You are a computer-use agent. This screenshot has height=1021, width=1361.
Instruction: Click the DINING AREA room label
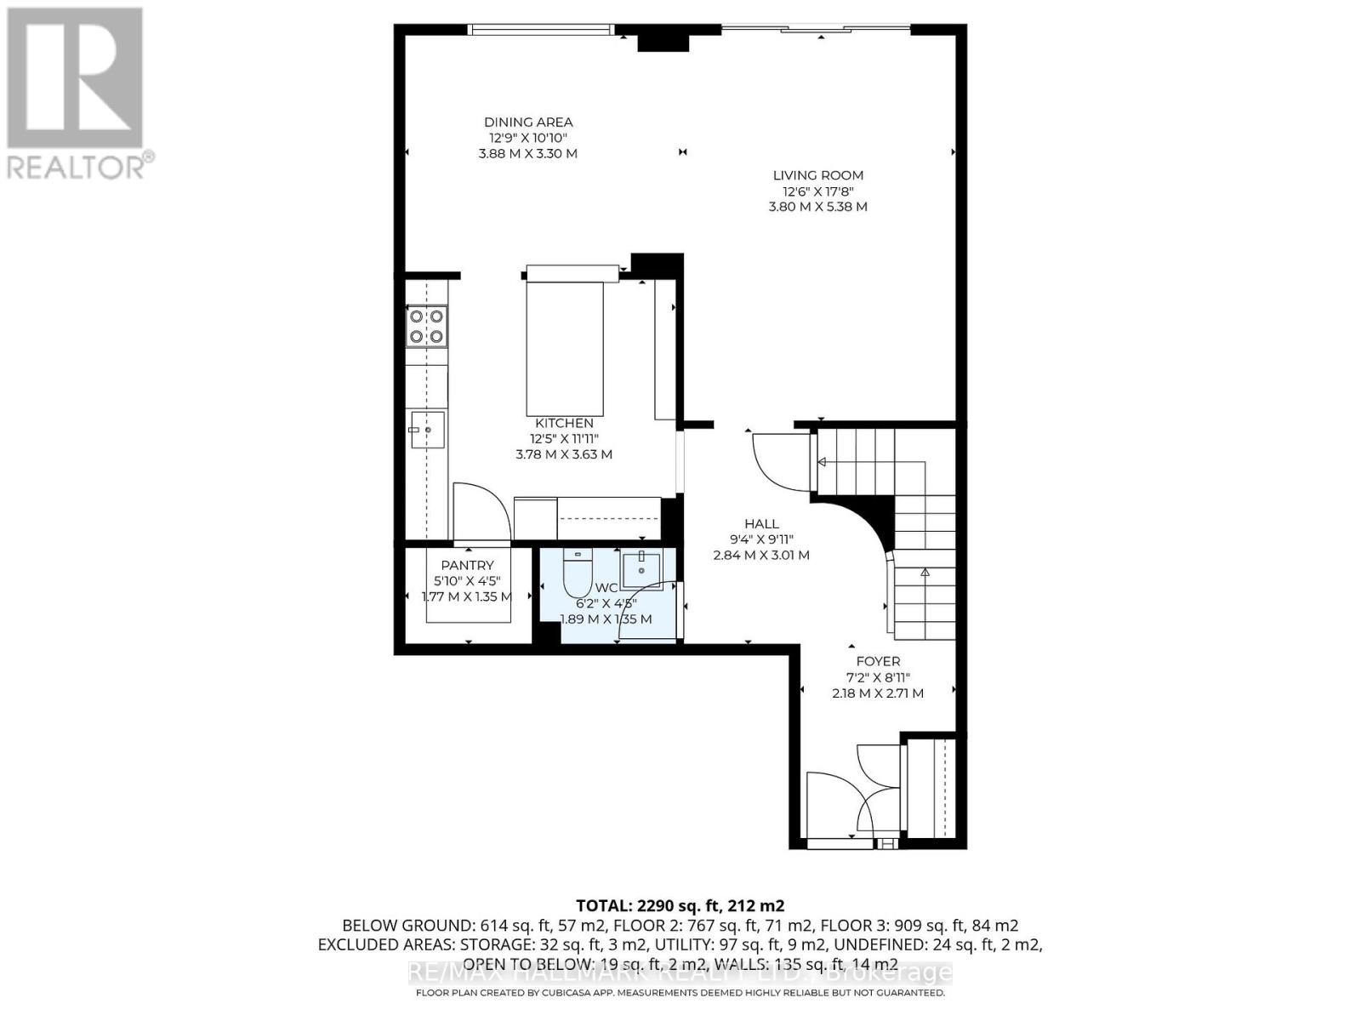pos(528,123)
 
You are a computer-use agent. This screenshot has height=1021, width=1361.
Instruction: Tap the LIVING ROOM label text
pos(817,175)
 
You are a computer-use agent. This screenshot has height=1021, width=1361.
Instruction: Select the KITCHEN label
pos(564,423)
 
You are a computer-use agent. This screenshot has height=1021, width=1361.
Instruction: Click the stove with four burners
pos(427,326)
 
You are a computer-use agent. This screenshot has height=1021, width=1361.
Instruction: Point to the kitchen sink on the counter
pos(427,430)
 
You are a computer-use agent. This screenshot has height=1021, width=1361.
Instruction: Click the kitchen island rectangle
pos(564,347)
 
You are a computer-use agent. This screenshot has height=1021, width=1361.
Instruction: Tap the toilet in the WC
pos(577,574)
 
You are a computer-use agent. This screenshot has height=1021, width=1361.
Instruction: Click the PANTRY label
pos(467,565)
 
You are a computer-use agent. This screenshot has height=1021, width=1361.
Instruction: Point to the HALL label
pos(761,524)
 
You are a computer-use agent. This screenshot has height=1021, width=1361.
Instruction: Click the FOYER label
pos(878,661)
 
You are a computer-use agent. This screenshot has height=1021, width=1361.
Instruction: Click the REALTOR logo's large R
pos(74,78)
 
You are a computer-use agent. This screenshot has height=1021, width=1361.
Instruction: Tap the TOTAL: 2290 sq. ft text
pos(680,905)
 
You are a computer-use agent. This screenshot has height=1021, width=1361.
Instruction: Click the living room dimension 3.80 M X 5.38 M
pos(817,207)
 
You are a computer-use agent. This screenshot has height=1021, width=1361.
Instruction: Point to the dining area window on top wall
pos(541,30)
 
